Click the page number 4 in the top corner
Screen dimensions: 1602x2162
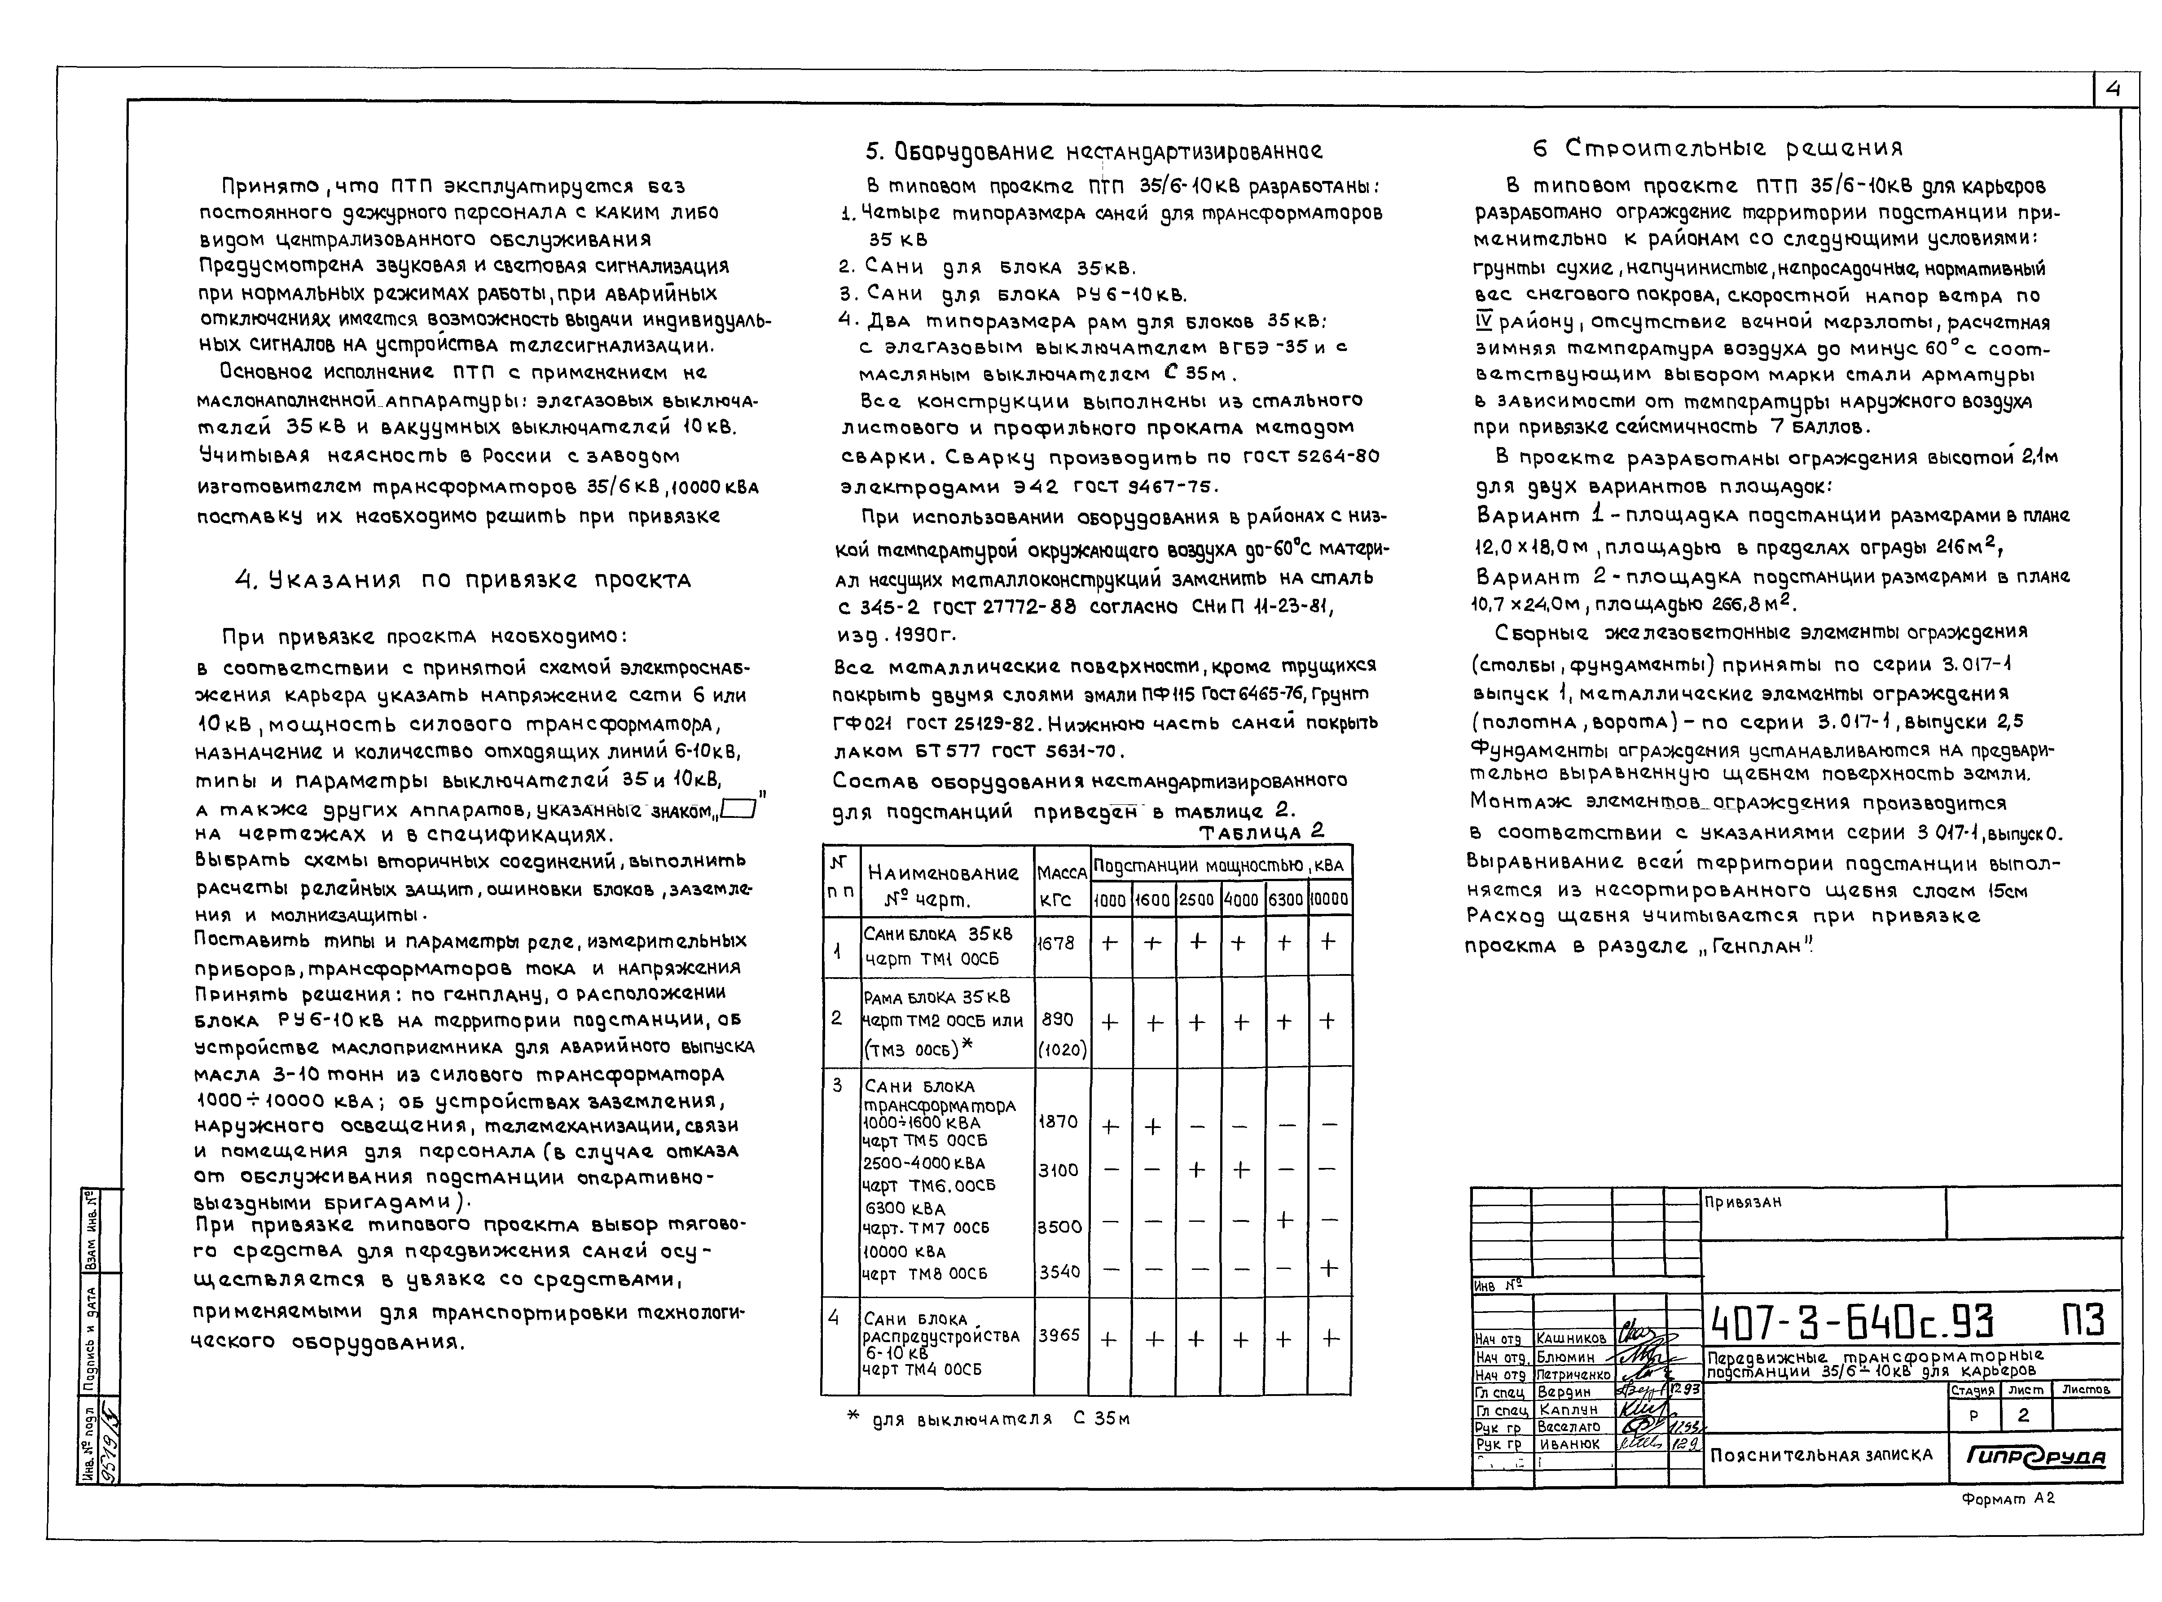coord(2114,90)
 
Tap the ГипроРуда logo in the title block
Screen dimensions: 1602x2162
coord(2035,1457)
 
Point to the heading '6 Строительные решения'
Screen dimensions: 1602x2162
coord(1717,149)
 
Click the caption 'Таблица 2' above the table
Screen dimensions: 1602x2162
coord(1261,832)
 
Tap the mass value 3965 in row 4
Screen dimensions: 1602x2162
coord(1059,1335)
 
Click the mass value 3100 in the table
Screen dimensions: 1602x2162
coord(1058,1171)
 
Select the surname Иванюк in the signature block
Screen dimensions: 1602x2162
coord(1569,1444)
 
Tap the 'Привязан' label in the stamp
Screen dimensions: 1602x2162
coord(1743,1203)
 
